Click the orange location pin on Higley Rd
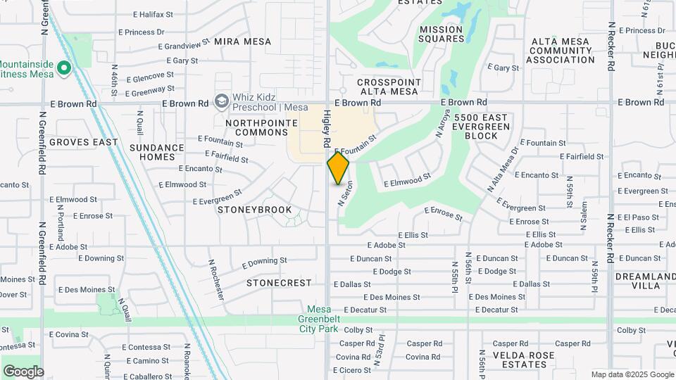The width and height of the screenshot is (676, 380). pyautogui.click(x=338, y=168)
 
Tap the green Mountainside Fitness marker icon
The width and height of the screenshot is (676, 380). pyautogui.click(x=64, y=68)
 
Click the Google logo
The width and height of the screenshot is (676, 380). pyautogui.click(x=23, y=371)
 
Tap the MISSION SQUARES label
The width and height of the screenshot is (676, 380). pyautogui.click(x=441, y=34)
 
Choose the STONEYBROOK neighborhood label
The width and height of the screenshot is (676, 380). pyautogui.click(x=244, y=210)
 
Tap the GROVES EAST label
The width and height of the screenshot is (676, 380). pyautogui.click(x=84, y=142)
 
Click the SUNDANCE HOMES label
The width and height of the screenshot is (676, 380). pyautogui.click(x=157, y=152)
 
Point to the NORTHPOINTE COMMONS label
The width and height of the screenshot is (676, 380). pyautogui.click(x=252, y=127)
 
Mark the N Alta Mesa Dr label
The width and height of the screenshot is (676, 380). pyautogui.click(x=503, y=170)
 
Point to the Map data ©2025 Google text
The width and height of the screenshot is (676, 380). pyautogui.click(x=632, y=374)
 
